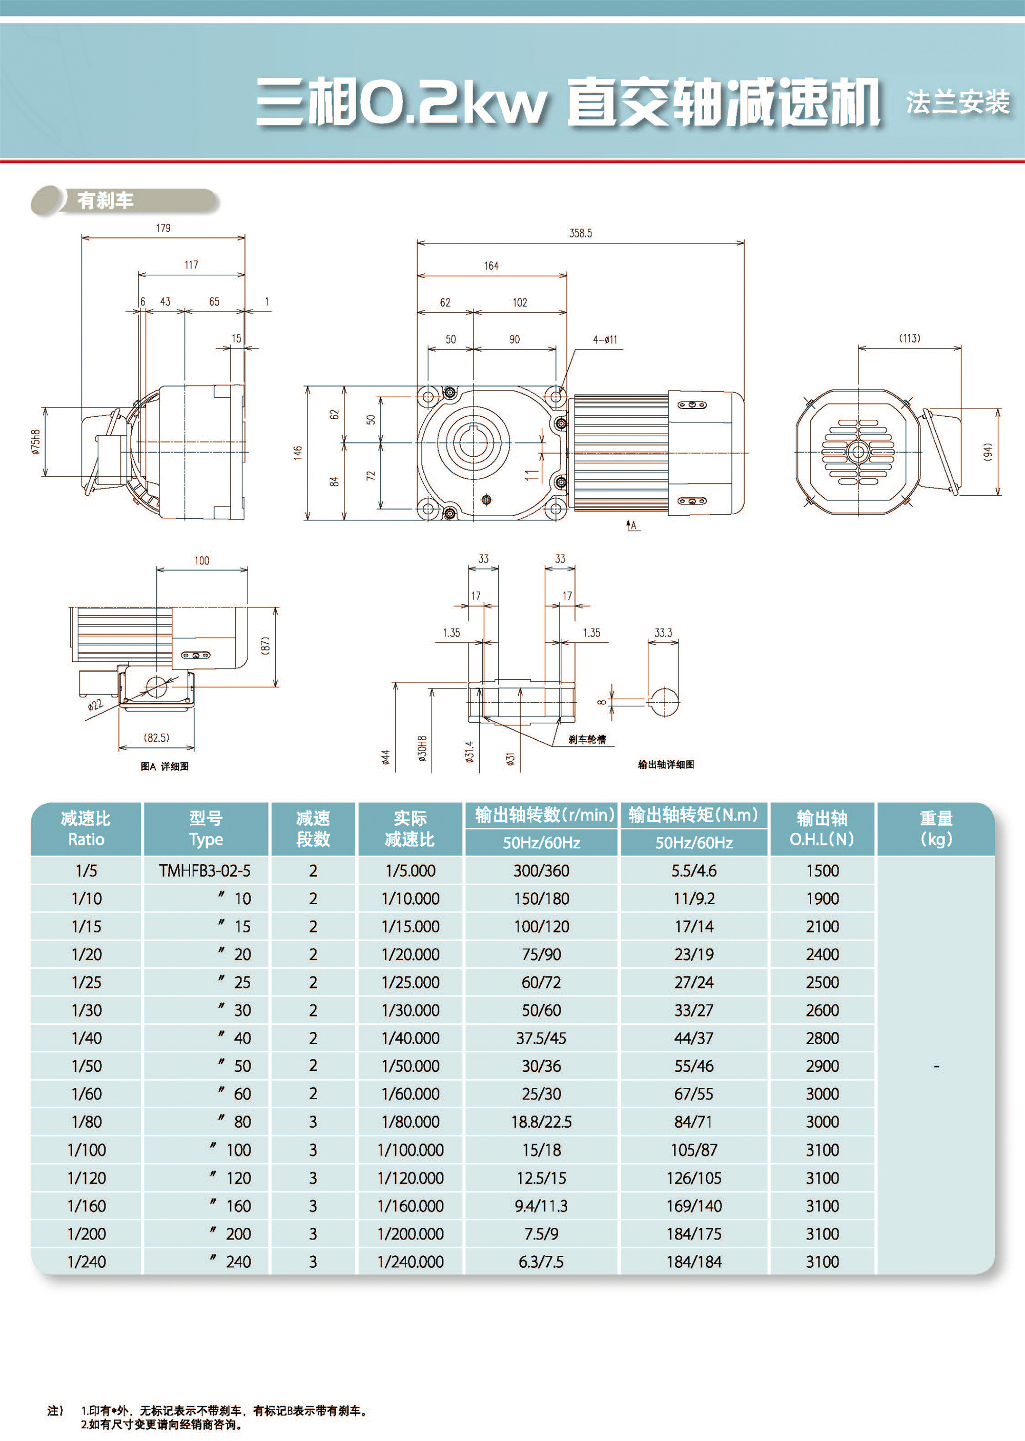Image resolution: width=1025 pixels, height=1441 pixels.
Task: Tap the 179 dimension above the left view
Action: pos(163,228)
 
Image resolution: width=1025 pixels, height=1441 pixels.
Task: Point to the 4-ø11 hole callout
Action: pos(605,339)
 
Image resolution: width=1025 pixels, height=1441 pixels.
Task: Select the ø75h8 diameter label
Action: pos(36,442)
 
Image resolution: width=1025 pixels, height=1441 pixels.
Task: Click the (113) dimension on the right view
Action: pos(910,338)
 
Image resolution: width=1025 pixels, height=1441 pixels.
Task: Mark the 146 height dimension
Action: pos(297,453)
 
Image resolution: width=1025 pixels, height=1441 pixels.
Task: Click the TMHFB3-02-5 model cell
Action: pos(204,870)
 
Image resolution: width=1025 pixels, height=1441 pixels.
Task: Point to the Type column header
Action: pos(206,840)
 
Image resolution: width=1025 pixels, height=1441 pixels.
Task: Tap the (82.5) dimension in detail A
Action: pos(156,737)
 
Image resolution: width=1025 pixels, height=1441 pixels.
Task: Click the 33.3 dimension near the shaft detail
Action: pos(663,633)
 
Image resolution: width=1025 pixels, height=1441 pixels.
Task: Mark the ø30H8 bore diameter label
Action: pos(422,748)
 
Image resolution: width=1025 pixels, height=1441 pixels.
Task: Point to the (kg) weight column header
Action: pos(935,840)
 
